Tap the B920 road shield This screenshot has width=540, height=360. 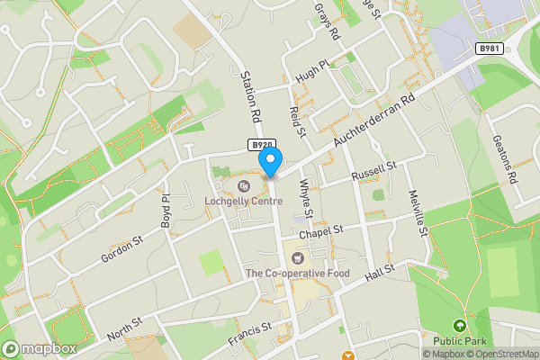click(262, 144)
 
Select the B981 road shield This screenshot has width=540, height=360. click(490, 49)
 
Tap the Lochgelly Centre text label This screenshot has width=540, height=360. click(243, 202)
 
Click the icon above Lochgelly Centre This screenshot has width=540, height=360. click(243, 186)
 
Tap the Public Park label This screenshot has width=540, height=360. click(459, 341)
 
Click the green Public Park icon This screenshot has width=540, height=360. click(459, 326)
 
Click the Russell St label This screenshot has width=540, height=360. click(373, 168)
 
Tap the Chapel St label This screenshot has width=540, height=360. click(322, 231)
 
